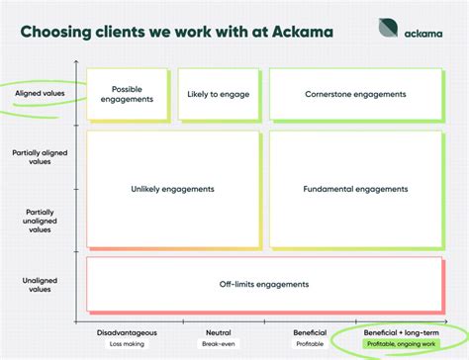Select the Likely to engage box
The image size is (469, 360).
point(221,94)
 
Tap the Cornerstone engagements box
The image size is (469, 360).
point(355,94)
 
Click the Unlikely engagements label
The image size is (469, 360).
point(174,188)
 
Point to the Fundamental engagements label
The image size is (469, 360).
point(355,188)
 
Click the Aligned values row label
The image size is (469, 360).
point(42,94)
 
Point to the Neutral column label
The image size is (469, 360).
point(218,333)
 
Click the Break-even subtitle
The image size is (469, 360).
point(218,344)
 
